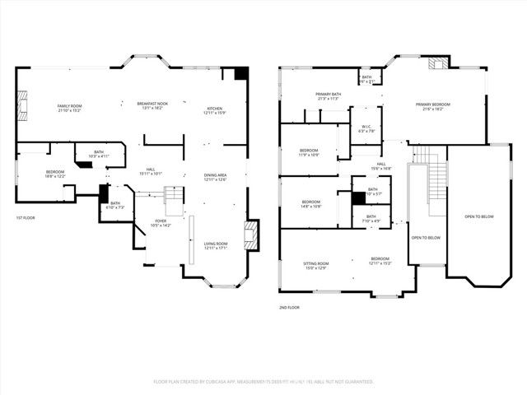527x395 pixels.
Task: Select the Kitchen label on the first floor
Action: [x=214, y=110]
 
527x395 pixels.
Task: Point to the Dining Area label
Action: [x=215, y=177]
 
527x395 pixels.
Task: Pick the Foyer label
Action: [x=161, y=223]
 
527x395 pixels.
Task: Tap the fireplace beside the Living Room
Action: [x=252, y=233]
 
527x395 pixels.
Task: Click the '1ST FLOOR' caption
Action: [x=26, y=218]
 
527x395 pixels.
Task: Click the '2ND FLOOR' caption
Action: [x=289, y=307]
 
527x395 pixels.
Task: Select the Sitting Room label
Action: [x=315, y=265]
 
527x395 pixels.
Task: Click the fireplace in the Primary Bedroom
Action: [x=438, y=64]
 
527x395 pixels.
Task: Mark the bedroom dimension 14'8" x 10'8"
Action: [x=311, y=207]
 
